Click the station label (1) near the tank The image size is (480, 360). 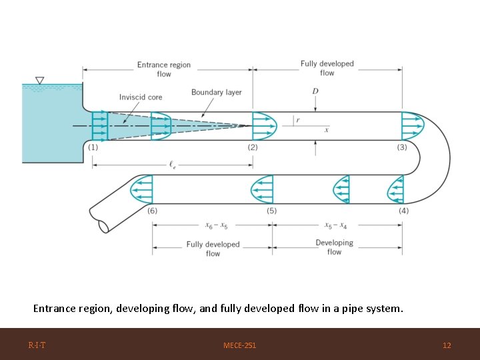[93, 147]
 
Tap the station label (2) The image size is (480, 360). [253, 147]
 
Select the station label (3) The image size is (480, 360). [402, 147]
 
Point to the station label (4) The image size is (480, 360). [403, 211]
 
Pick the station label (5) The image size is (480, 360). [272, 211]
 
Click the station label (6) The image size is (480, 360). [153, 211]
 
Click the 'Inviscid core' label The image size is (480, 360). [141, 97]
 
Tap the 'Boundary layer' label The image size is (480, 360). [217, 92]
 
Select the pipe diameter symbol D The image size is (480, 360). [315, 91]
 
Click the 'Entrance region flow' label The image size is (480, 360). [164, 69]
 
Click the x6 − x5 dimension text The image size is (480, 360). [216, 225]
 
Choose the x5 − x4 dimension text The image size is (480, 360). [336, 225]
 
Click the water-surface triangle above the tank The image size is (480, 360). [40, 81]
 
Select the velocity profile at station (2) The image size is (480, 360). [264, 126]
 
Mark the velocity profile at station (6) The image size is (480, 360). [141, 189]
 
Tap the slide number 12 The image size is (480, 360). [447, 345]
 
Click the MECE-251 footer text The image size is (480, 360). [239, 345]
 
